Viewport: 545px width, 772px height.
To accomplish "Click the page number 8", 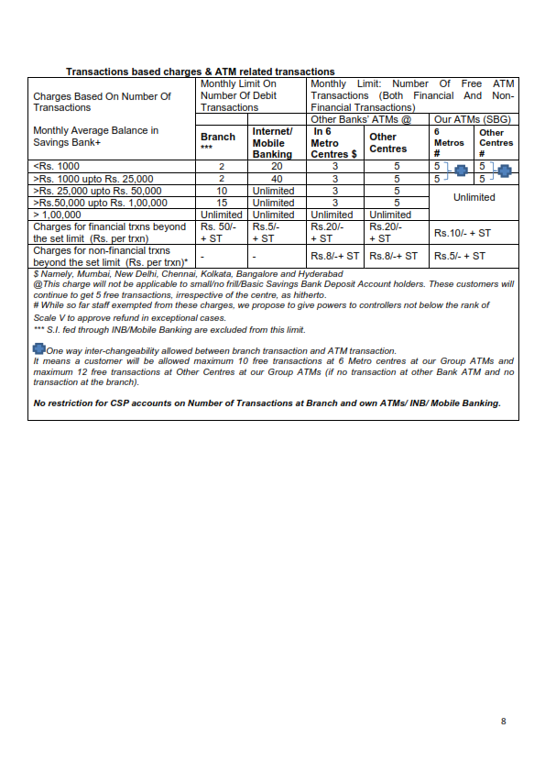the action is click(x=503, y=722).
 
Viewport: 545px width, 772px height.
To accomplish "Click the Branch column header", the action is click(x=218, y=137).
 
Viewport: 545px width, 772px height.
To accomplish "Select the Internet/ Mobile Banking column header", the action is click(x=272, y=142).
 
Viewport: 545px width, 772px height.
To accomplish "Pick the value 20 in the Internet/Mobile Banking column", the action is click(x=277, y=166).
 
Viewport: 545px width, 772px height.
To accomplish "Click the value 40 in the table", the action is click(x=277, y=178).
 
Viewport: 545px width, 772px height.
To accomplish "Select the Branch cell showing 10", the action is click(x=222, y=191).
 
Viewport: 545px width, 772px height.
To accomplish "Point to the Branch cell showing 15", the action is click(x=222, y=203).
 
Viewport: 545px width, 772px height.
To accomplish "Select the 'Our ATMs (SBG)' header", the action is click(x=473, y=119).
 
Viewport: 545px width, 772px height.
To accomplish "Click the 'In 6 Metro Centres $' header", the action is click(x=333, y=142).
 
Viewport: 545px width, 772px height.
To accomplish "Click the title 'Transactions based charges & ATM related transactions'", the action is click(x=201, y=72).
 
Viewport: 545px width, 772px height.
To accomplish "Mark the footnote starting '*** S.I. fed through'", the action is click(x=169, y=330).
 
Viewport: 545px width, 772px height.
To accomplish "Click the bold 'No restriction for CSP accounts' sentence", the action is click(x=267, y=403).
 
